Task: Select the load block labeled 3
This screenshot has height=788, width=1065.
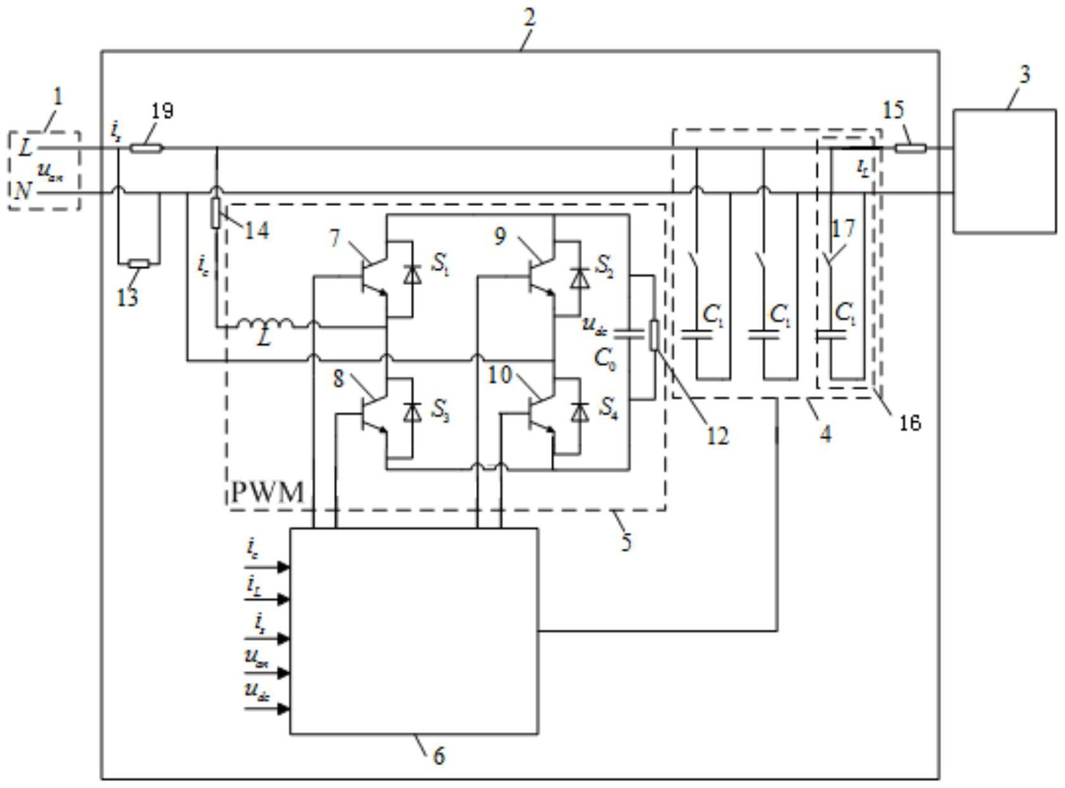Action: coord(1004,171)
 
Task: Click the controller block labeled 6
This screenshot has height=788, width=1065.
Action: coord(414,631)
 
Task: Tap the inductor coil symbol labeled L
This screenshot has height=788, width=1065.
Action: coord(265,325)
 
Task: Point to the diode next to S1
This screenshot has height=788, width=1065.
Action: coord(413,274)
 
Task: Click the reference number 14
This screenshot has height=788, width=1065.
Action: coord(256,230)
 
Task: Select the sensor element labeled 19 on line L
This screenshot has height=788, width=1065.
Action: coord(146,149)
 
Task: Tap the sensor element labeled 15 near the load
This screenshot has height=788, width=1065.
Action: coord(910,149)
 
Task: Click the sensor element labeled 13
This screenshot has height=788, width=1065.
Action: coord(139,264)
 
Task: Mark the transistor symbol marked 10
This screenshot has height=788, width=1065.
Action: coord(540,415)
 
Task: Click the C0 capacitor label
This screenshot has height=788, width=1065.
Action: coord(605,359)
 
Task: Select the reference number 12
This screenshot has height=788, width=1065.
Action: coord(717,435)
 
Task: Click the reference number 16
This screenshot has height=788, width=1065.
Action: coord(910,423)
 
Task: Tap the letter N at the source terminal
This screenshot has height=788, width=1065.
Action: coord(22,190)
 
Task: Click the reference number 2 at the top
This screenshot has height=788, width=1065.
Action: coord(529,18)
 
